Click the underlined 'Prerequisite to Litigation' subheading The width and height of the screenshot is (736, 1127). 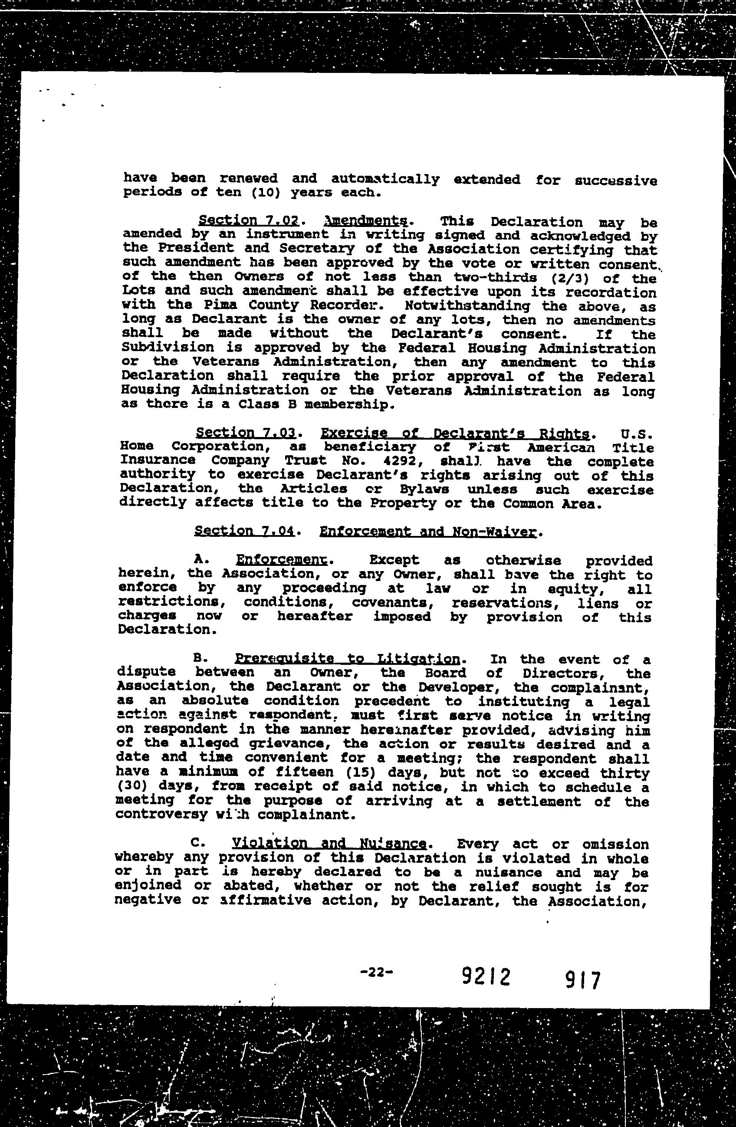click(347, 659)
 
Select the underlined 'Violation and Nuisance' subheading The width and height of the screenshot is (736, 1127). click(330, 843)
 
